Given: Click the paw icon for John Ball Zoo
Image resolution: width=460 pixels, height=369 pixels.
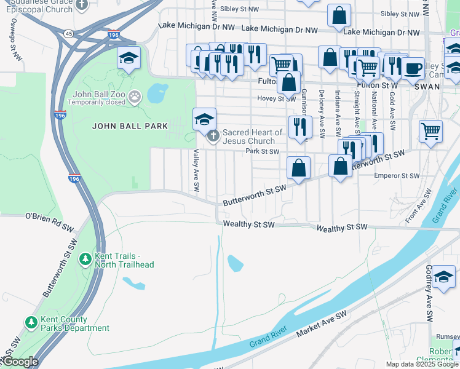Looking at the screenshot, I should [134, 96].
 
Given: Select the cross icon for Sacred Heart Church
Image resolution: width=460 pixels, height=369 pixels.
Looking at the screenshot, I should [213, 136].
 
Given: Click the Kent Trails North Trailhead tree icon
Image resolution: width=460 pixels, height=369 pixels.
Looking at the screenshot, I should [85, 260].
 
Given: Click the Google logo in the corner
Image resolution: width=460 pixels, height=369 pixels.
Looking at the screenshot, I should [20, 362].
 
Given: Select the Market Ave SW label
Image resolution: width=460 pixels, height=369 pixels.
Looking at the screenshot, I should [322, 323].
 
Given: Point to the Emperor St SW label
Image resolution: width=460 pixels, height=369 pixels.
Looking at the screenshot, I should [397, 176].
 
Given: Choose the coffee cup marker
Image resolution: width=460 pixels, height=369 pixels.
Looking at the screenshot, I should [413, 68].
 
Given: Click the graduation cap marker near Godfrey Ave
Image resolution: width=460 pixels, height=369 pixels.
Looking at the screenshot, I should [443, 277].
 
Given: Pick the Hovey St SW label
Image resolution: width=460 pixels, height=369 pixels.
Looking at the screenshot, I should [277, 98].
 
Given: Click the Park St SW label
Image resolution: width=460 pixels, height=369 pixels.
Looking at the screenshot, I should [262, 151].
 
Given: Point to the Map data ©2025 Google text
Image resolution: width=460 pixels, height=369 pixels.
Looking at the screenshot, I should [421, 364].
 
